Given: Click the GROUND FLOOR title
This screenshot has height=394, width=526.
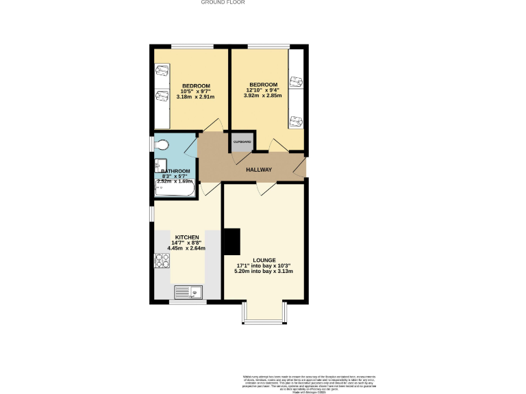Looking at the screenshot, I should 223,3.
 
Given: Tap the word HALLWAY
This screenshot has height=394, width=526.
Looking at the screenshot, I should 258,170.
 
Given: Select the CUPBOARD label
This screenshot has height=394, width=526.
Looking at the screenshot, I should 242,142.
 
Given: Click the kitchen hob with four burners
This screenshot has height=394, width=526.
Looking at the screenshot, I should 162,261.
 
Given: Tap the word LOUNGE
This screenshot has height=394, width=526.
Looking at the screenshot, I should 264,260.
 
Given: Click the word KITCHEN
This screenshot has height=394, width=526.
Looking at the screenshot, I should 187,237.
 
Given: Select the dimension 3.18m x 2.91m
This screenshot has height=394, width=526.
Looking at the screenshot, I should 195,97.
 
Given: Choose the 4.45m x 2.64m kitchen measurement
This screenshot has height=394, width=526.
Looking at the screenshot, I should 187,248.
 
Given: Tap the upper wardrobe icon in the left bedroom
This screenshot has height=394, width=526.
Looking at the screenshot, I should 162,70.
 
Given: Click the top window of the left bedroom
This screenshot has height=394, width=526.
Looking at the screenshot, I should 190,46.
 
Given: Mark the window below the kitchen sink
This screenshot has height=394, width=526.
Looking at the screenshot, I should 187,302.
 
